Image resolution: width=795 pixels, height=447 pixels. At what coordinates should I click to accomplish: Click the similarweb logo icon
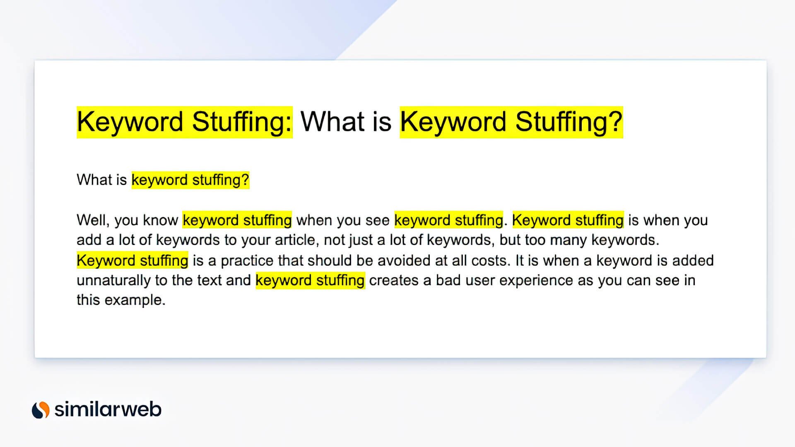(41, 410)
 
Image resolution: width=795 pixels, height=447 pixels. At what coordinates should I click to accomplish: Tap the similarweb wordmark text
(108, 409)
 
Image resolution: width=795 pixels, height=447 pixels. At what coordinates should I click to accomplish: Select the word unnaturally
(114, 281)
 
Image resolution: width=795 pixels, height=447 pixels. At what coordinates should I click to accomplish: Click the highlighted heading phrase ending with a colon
(185, 122)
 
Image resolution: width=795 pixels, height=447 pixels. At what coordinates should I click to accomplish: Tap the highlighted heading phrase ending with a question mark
(511, 122)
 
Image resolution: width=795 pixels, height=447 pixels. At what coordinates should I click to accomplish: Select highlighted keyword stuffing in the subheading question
(190, 180)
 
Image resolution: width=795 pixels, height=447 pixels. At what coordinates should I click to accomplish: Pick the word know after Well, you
(160, 221)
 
